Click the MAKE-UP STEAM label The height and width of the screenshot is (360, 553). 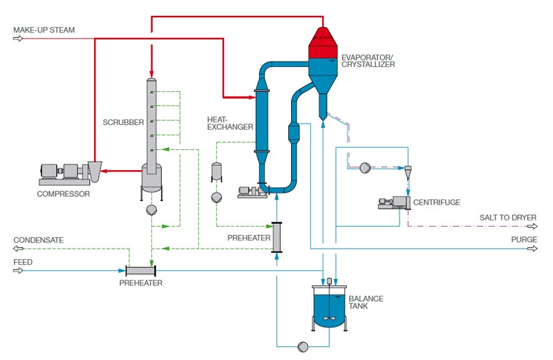44,30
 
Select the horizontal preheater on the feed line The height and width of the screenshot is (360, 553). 141,270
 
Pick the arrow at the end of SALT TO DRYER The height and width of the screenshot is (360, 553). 532,225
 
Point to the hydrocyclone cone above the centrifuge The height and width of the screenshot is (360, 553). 408,171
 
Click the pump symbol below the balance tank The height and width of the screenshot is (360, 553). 303,345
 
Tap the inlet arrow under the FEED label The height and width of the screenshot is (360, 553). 18,270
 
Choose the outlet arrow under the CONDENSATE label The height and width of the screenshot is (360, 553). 18,248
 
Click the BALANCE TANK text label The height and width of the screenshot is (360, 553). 366,303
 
